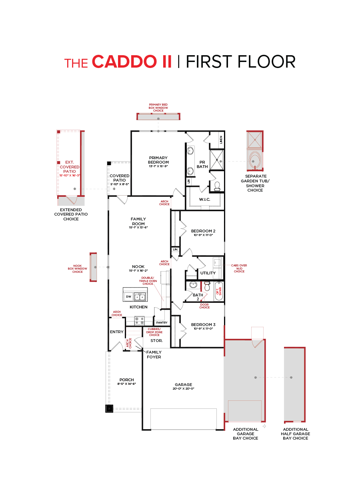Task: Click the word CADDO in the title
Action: [132, 62]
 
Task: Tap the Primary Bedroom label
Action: [158, 160]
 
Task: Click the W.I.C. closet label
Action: [204, 199]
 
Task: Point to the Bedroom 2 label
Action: [203, 231]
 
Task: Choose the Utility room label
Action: [208, 273]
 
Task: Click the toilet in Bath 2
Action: [207, 286]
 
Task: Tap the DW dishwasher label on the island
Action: [128, 297]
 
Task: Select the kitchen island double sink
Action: [140, 296]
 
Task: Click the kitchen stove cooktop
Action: [139, 321]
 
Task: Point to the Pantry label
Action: [162, 322]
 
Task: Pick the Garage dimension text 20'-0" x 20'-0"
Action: [183, 388]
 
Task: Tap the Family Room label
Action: [138, 221]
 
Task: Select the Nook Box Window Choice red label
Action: [78, 268]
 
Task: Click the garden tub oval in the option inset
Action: [255, 159]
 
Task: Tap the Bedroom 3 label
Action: [203, 325]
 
